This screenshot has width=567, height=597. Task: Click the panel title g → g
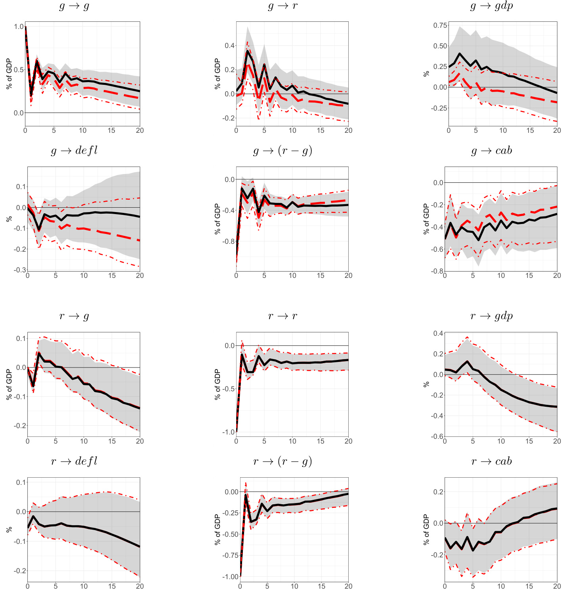(x=74, y=6)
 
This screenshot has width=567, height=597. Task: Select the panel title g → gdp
(x=491, y=6)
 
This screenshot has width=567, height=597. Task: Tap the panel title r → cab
(x=492, y=461)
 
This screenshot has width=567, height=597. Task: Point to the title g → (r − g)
(x=283, y=151)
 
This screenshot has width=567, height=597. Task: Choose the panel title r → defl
(x=74, y=461)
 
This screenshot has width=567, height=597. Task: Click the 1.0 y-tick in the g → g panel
(x=19, y=27)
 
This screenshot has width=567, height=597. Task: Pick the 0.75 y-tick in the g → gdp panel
(x=440, y=25)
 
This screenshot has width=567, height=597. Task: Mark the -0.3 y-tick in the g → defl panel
(x=20, y=270)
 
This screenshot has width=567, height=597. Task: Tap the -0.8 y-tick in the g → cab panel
(x=437, y=271)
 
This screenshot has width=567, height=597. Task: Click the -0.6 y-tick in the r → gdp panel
(x=437, y=436)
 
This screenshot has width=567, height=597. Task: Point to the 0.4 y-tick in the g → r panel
(x=229, y=46)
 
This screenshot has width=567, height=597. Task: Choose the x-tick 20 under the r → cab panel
(x=557, y=586)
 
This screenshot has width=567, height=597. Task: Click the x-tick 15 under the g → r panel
(x=321, y=130)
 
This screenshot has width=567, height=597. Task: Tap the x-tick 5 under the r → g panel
(x=55, y=441)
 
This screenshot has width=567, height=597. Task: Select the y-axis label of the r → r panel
(x=217, y=384)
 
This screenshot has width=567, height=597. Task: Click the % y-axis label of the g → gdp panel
(x=426, y=74)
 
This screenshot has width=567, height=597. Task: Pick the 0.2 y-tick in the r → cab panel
(x=438, y=492)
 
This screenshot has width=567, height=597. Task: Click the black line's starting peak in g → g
(x=25, y=27)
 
